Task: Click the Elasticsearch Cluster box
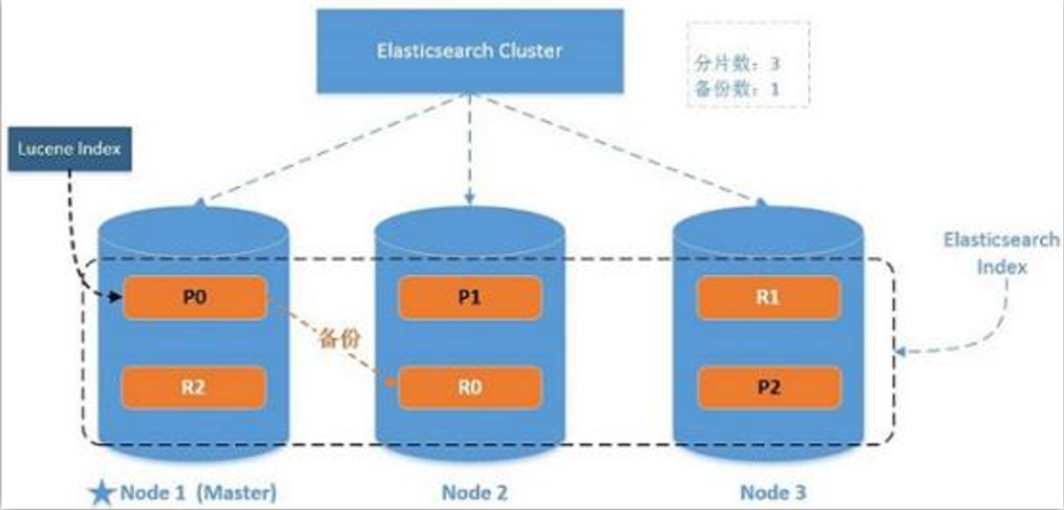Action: coord(470,51)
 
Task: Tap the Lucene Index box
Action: coord(70,149)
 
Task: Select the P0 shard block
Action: coord(194,298)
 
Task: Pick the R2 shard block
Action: coord(194,387)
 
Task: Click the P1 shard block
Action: coord(470,298)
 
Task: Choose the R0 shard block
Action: coord(470,387)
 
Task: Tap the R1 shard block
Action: coord(769,298)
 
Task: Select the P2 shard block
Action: coord(769,387)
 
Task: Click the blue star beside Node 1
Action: coord(102,492)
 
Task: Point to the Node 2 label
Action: coord(475,492)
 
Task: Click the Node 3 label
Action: coord(773,492)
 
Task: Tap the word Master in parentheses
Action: coord(236,492)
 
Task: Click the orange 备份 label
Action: coord(340,338)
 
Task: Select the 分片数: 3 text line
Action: coord(736,63)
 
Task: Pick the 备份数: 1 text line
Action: coord(736,89)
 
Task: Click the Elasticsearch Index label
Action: coord(1001,253)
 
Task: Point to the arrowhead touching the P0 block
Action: coord(116,297)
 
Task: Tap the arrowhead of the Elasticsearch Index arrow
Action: coord(900,351)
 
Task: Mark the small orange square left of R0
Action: coord(391,382)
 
